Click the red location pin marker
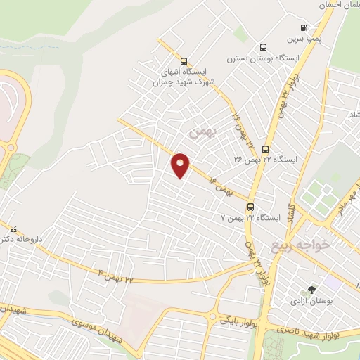pyautogui.click(x=181, y=165)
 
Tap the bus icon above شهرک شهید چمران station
pyautogui.click(x=184, y=61)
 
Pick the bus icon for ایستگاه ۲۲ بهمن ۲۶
pyautogui.click(x=265, y=149)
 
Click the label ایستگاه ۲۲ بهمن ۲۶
pyautogui.click(x=266, y=160)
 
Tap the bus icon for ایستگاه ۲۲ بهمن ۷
pyautogui.click(x=250, y=207)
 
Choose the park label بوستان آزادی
pyautogui.click(x=309, y=301)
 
